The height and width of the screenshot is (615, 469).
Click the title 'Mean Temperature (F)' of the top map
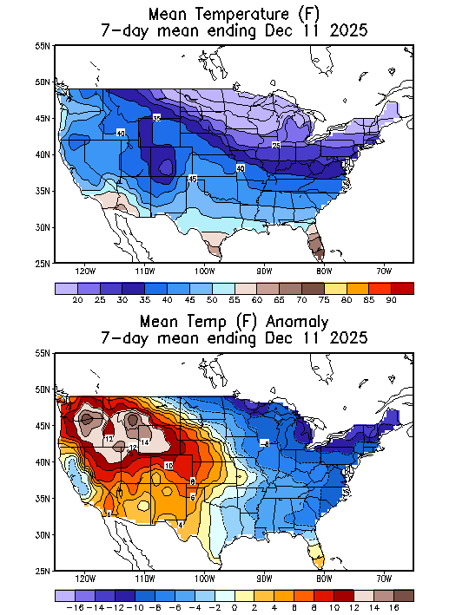click(x=234, y=14)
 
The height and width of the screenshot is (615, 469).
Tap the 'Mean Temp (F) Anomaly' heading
click(x=234, y=322)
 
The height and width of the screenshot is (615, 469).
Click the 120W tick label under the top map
click(x=85, y=270)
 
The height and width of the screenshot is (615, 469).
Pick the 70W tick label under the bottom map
click(x=384, y=579)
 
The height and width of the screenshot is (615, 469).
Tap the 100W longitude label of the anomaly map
click(x=205, y=579)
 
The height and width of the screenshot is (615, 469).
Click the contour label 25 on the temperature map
click(x=275, y=145)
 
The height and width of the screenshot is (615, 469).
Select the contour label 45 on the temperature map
click(x=193, y=179)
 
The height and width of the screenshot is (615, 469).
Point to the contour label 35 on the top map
click(x=156, y=118)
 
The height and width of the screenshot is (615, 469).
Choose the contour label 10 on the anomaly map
click(x=168, y=466)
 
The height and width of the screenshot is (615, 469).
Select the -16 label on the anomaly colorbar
click(x=66, y=608)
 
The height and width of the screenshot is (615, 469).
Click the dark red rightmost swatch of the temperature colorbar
click(x=402, y=287)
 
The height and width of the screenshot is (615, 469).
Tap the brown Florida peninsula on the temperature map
click(x=318, y=247)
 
